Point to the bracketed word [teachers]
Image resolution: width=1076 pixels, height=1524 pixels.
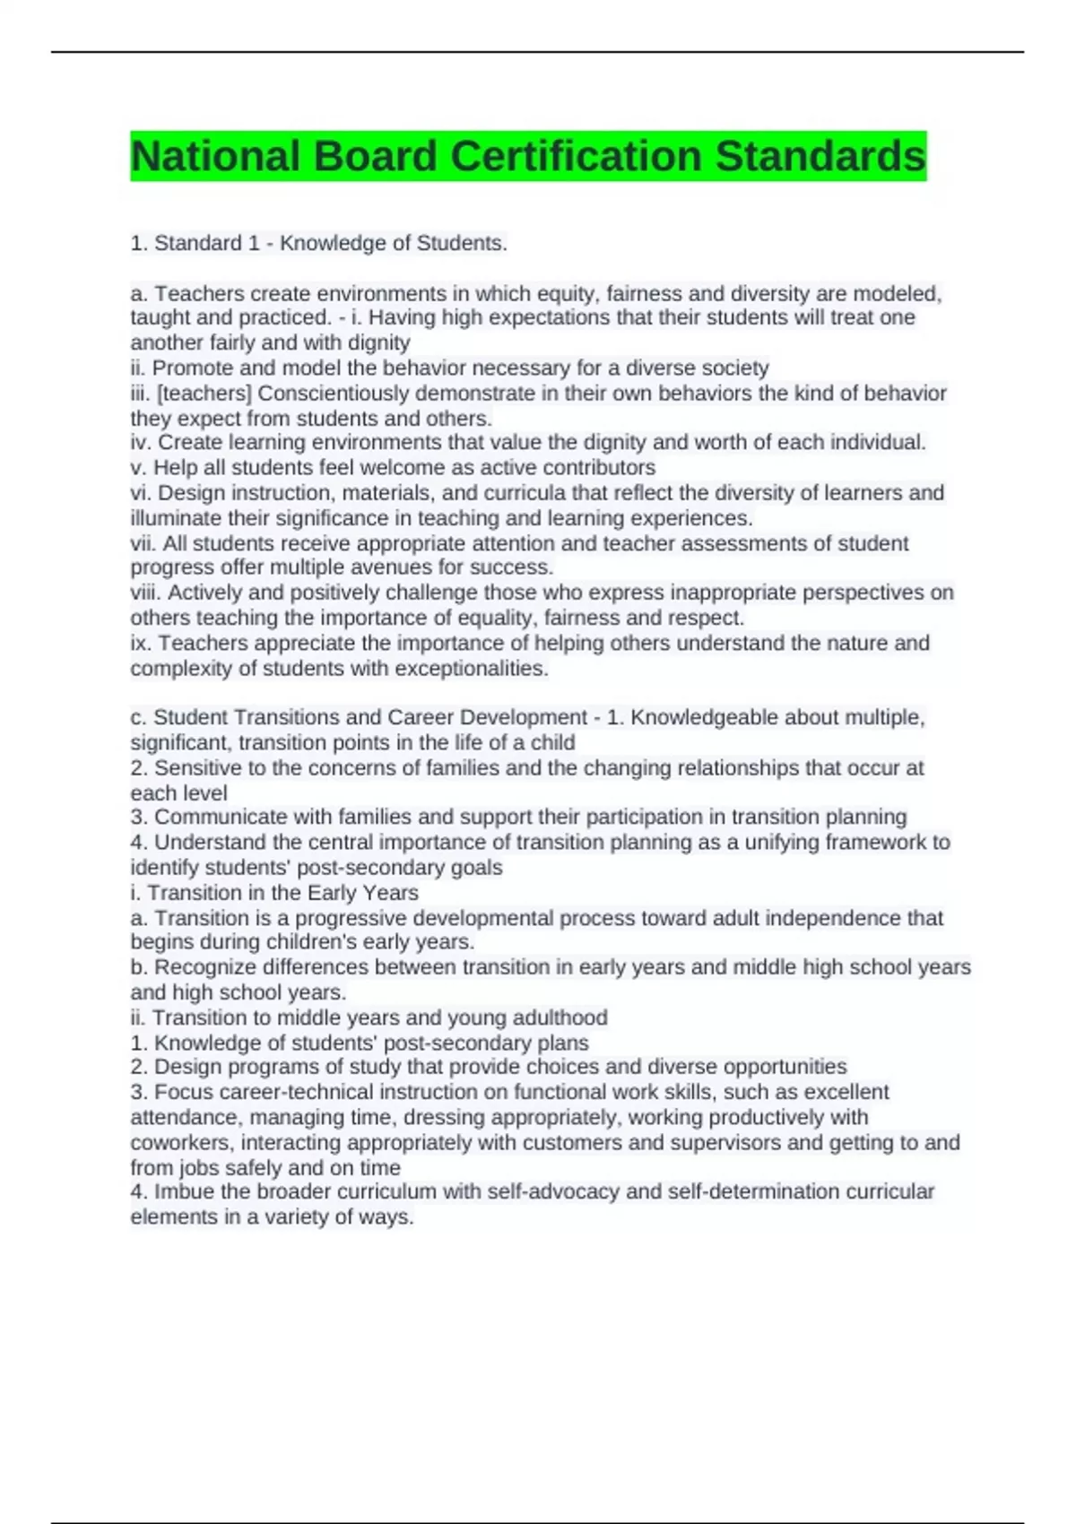pos(204,393)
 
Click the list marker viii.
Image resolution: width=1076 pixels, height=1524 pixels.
pos(146,593)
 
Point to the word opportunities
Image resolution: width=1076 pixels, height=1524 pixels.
pos(785,1067)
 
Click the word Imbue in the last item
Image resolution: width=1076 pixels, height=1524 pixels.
pos(185,1191)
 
